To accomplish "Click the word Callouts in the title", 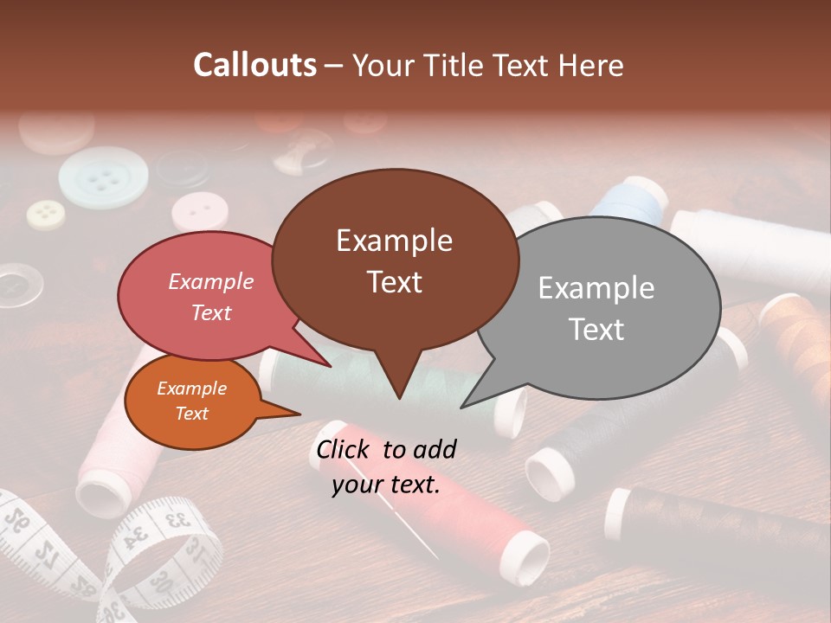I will click(x=255, y=65).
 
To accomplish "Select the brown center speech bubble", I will click(x=395, y=260).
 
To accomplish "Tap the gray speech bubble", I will click(x=597, y=308).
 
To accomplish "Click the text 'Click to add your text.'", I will click(x=386, y=467).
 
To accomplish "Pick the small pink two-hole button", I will click(x=197, y=210).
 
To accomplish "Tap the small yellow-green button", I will click(x=45, y=213).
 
